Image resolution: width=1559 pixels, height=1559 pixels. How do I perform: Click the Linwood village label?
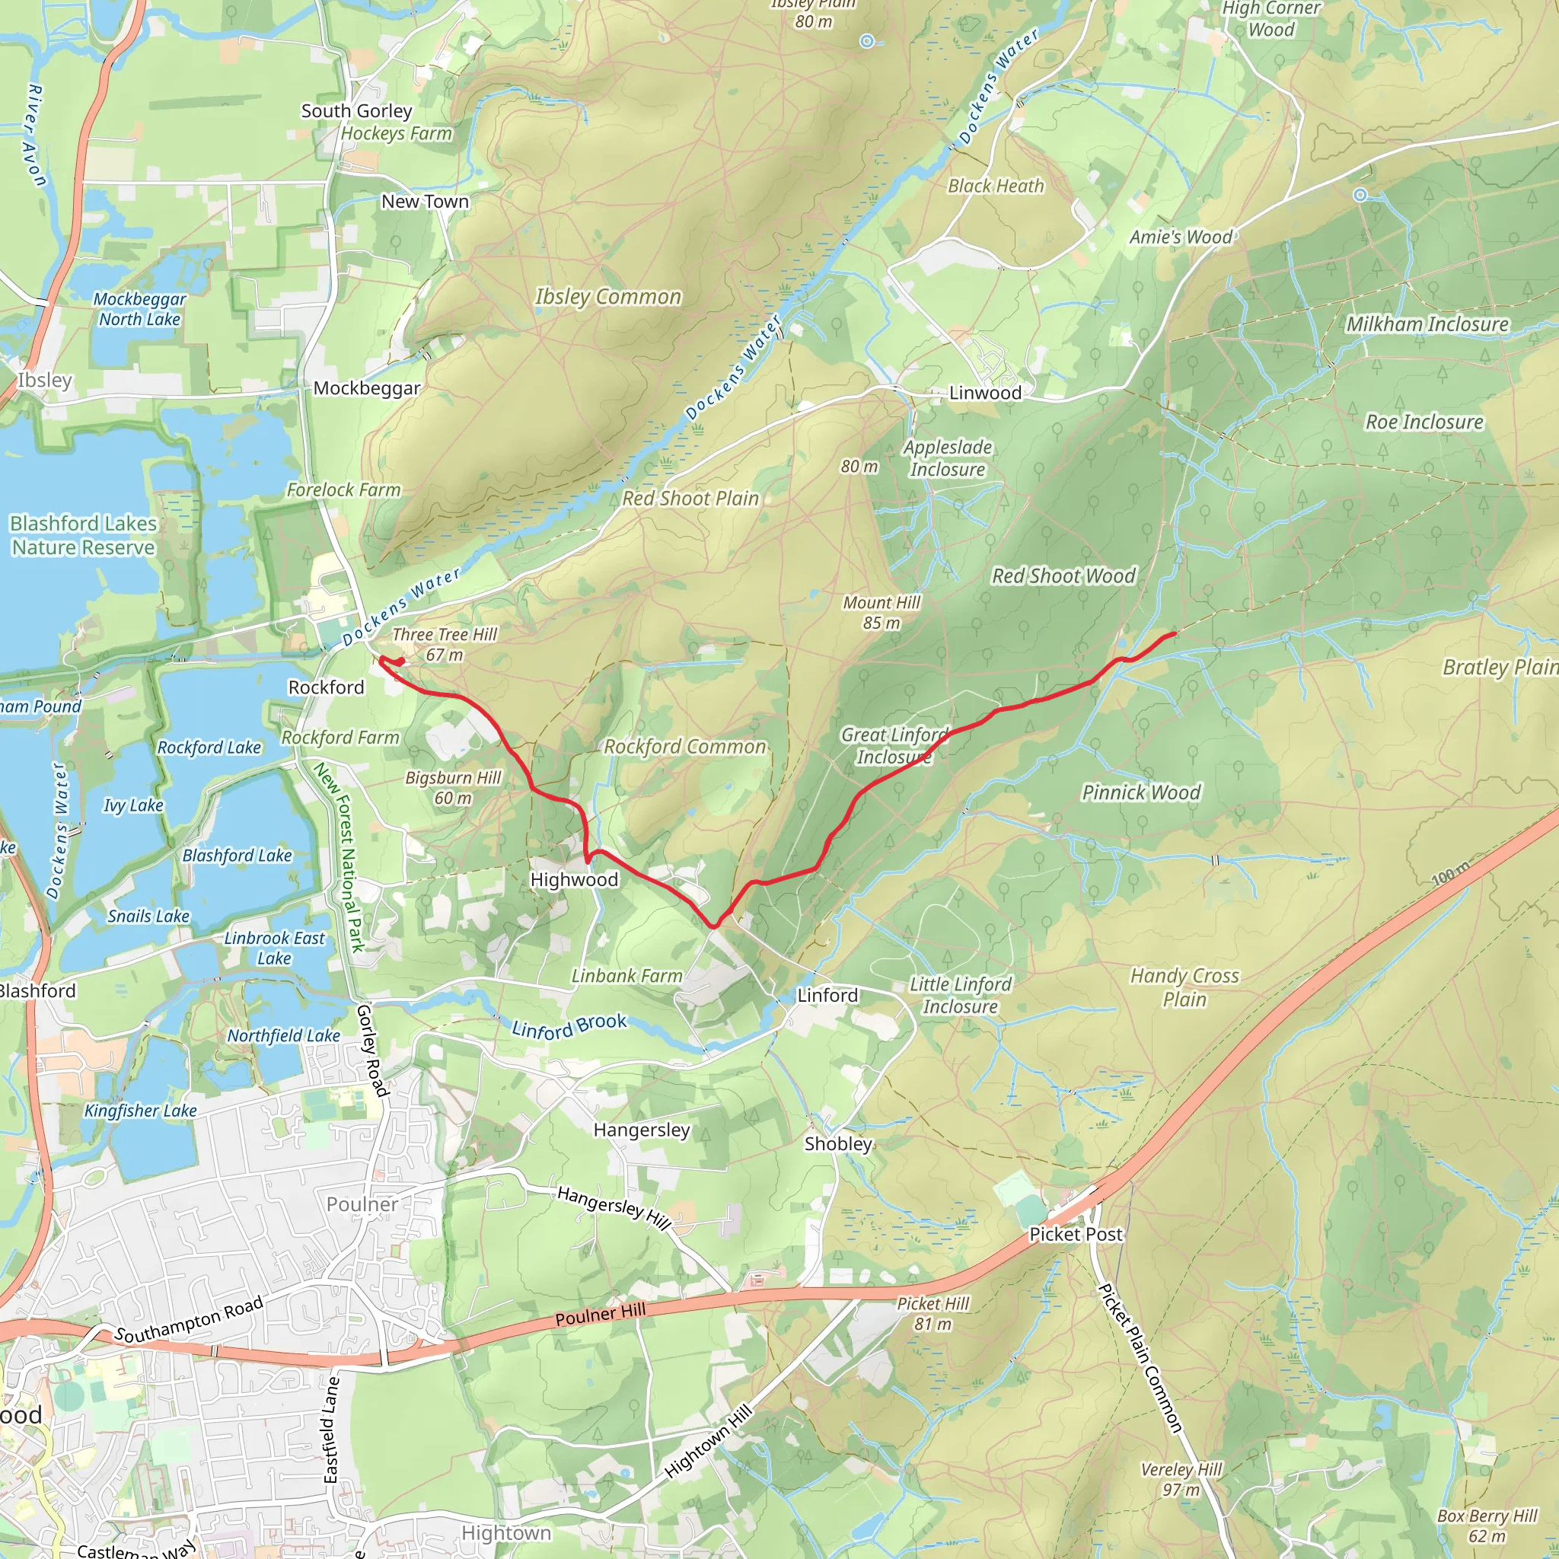click(x=984, y=393)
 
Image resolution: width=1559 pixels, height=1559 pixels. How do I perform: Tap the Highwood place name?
click(x=574, y=879)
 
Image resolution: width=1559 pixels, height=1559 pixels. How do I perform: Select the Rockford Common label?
click(x=684, y=747)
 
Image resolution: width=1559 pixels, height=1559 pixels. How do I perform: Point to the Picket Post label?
click(x=1075, y=1234)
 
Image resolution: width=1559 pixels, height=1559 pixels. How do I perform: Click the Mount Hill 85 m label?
click(x=882, y=613)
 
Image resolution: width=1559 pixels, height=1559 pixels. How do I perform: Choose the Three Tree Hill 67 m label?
click(x=445, y=644)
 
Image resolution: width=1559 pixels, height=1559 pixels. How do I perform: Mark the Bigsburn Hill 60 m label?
click(x=453, y=788)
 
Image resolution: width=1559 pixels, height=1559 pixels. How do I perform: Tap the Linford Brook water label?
click(x=569, y=1025)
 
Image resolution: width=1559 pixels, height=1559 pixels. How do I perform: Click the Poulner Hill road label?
click(x=601, y=1315)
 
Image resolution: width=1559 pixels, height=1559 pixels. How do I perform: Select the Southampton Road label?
click(x=189, y=1320)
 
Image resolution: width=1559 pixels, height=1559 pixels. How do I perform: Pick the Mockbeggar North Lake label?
click(x=139, y=309)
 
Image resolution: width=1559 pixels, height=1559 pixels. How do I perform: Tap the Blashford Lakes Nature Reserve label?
click(x=83, y=535)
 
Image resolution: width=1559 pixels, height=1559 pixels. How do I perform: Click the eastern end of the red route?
click(x=1173, y=634)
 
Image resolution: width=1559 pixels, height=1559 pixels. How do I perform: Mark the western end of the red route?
click(x=381, y=659)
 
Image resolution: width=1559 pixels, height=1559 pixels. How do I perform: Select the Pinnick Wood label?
click(x=1140, y=792)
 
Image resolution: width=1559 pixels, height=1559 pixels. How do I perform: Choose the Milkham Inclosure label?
click(x=1427, y=324)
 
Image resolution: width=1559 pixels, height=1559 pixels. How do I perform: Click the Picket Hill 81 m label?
click(x=933, y=1314)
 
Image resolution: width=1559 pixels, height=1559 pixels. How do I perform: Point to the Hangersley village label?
click(x=642, y=1130)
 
